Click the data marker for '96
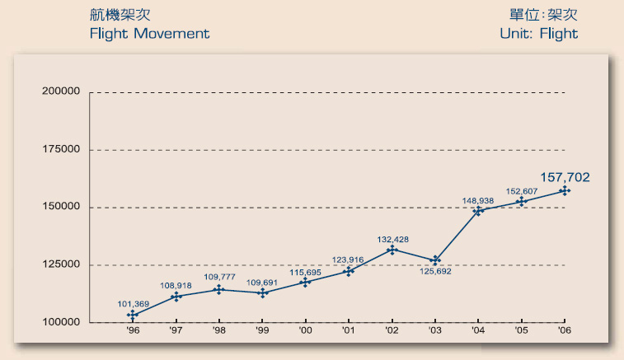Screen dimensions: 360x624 pos(133,315)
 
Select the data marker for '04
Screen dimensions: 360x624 pos(478,210)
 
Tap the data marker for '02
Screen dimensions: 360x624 pos(392,249)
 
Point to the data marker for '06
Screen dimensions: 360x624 pos(565,190)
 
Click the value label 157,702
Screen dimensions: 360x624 pos(565,176)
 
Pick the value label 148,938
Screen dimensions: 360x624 pos(477,200)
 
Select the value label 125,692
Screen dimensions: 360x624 pos(434,269)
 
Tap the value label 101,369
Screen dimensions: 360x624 pos(133,304)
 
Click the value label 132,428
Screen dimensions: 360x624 pos(392,239)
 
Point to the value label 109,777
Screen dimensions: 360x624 pos(219,278)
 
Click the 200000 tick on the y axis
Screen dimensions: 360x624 pos(60,91)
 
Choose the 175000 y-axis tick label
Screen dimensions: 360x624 pos(60,149)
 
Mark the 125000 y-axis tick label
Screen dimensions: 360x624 pos(60,264)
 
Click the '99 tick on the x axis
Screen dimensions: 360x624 pos(262,330)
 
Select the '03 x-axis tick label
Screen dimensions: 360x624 pos(434,330)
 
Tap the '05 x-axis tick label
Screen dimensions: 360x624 pos(521,330)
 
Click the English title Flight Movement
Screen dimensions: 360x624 pos(149,34)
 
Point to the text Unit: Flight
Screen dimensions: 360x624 pos(538,34)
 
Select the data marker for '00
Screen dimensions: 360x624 pos(306,282)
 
